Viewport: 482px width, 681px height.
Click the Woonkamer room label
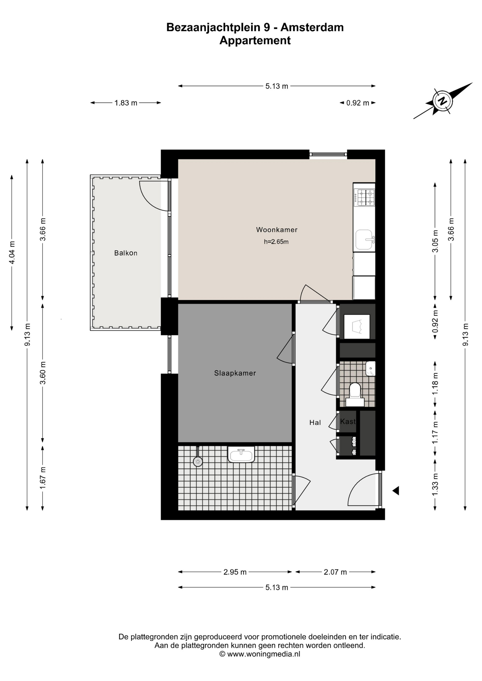pyautogui.click(x=277, y=230)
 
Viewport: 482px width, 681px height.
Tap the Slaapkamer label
pyautogui.click(x=235, y=373)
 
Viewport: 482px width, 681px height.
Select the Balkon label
pyautogui.click(x=126, y=253)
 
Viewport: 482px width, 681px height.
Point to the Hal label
pyautogui.click(x=315, y=422)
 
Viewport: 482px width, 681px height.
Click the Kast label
pyautogui.click(x=348, y=421)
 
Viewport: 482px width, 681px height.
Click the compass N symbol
pyautogui.click(x=443, y=101)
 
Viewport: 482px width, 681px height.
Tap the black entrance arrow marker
pyautogui.click(x=396, y=491)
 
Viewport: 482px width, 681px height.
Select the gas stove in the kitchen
pyautogui.click(x=365, y=198)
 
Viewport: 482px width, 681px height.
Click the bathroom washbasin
pyautogui.click(x=241, y=454)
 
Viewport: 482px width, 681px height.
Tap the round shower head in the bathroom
pyautogui.click(x=198, y=461)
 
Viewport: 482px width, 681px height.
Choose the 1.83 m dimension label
pyautogui.click(x=126, y=103)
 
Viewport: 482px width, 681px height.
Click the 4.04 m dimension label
pyautogui.click(x=12, y=253)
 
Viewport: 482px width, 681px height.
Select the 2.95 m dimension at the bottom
pyautogui.click(x=235, y=572)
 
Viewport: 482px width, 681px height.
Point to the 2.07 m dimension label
pyautogui.click(x=335, y=572)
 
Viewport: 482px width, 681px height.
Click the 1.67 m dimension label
pyautogui.click(x=43, y=478)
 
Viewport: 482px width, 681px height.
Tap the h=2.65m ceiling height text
pyautogui.click(x=276, y=242)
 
